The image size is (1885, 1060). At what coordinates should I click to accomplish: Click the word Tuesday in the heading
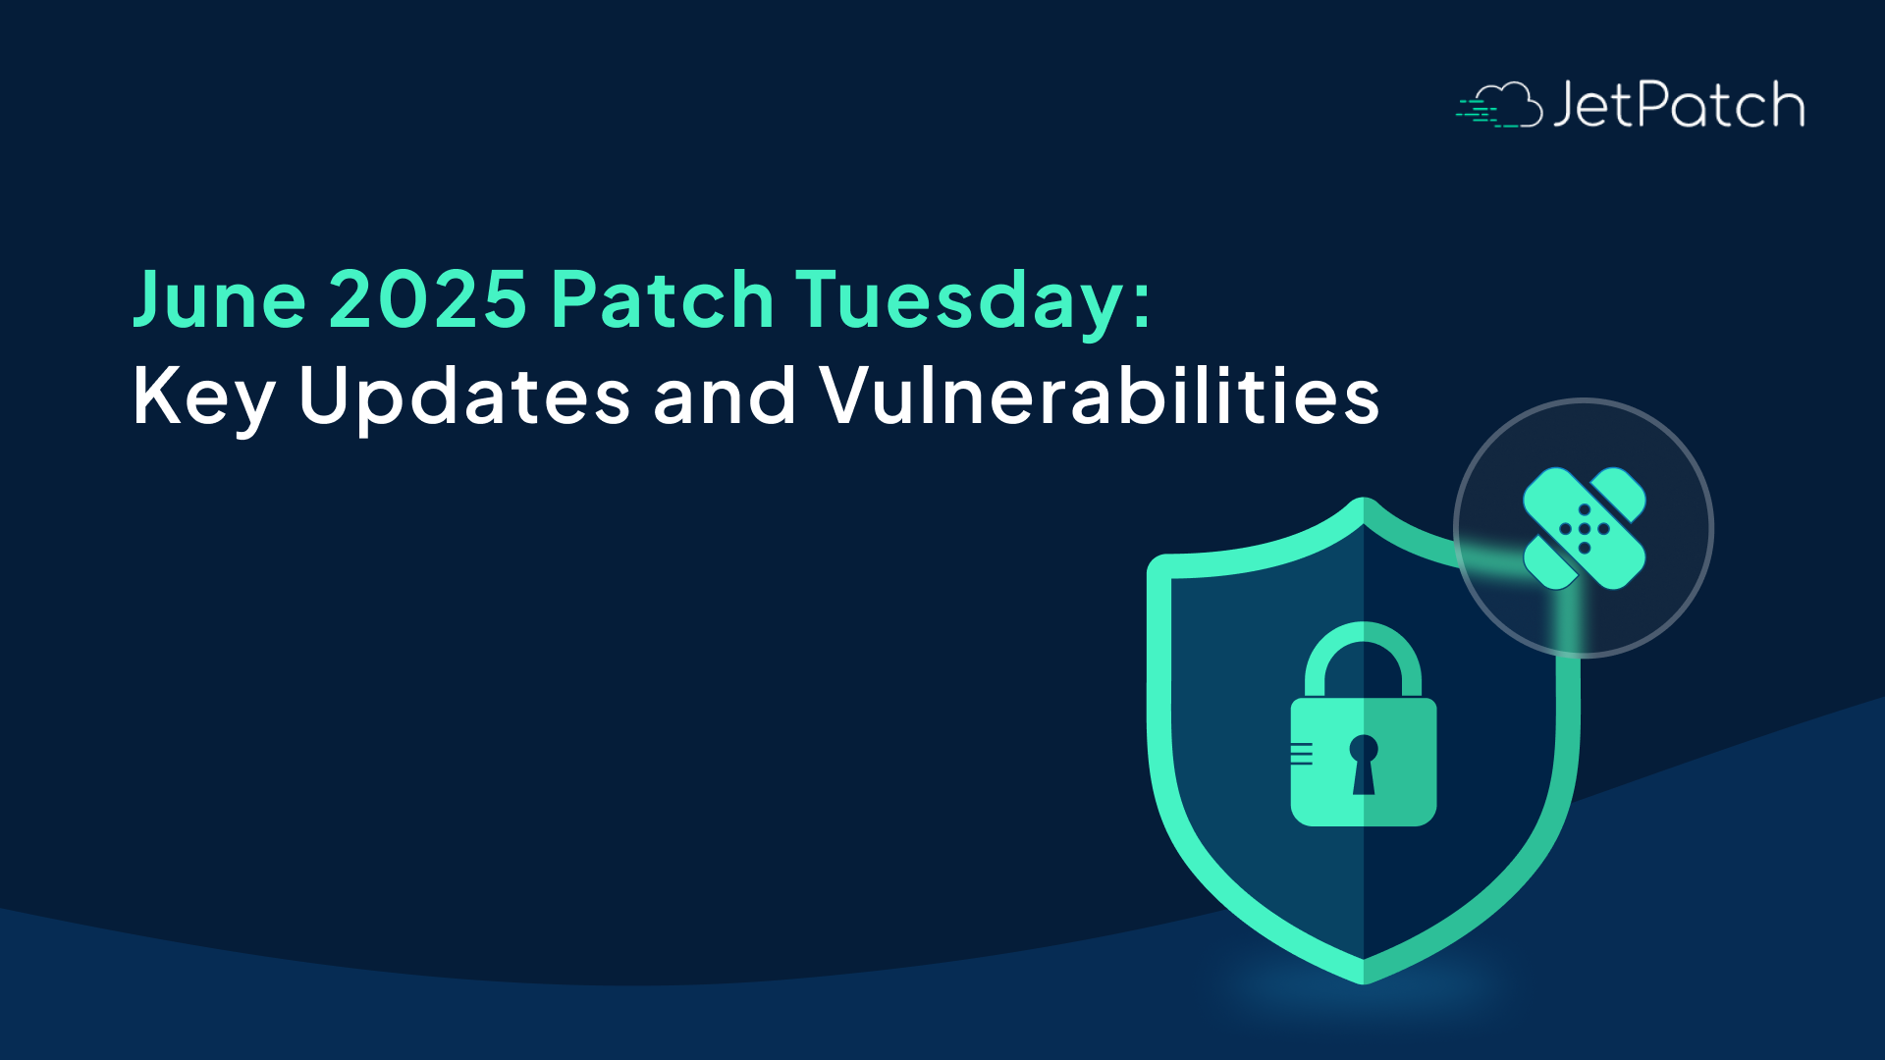pos(960,300)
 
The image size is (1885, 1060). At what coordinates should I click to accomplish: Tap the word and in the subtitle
pos(725,396)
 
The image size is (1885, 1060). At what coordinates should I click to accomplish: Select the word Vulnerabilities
pos(1100,396)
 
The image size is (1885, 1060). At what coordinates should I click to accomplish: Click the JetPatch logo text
pos(1678,105)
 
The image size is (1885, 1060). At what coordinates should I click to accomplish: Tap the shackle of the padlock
pos(1363,656)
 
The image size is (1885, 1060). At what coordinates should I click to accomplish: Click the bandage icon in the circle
pos(1584,528)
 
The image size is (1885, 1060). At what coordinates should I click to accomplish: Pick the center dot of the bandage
pos(1584,529)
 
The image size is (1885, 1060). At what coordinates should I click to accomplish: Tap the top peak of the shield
pos(1363,505)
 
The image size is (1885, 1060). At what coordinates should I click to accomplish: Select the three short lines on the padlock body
pos(1302,754)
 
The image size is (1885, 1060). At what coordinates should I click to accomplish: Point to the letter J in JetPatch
pos(1565,106)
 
